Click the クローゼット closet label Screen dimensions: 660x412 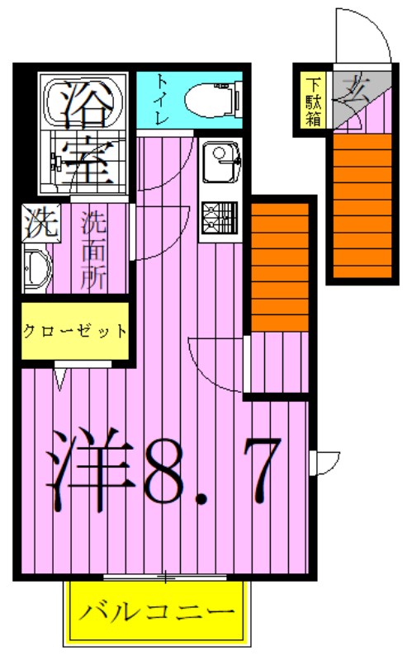coord(76,332)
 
